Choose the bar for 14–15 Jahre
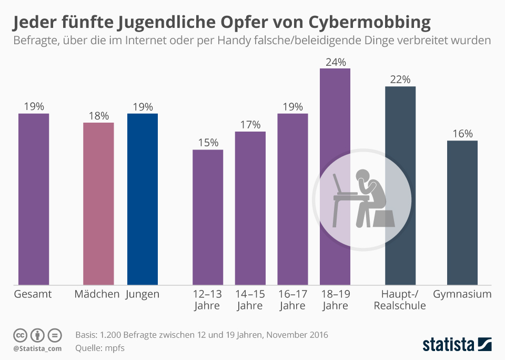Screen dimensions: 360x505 (x=250, y=208)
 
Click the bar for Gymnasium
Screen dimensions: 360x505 (x=462, y=213)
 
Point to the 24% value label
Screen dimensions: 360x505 (x=335, y=62)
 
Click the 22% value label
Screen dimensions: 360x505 (x=400, y=79)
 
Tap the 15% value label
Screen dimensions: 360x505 (x=208, y=143)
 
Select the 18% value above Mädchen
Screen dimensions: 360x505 (x=98, y=116)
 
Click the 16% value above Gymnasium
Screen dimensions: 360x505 (x=462, y=134)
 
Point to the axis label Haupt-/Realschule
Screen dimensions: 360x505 (x=400, y=300)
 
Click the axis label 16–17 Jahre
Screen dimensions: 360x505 (x=292, y=300)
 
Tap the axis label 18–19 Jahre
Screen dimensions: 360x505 (x=335, y=300)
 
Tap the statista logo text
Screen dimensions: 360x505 (x=448, y=345)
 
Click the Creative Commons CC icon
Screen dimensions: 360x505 (x=20, y=335)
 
